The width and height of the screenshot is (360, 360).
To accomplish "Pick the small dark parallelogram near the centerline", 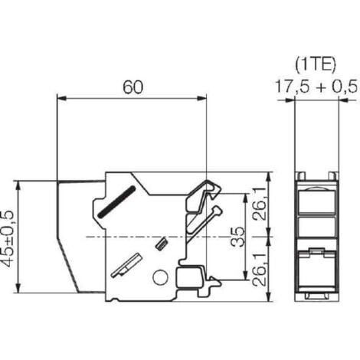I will (161, 245).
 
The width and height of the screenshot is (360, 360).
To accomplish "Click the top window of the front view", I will (315, 201).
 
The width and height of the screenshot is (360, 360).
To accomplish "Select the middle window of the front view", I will (315, 227).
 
